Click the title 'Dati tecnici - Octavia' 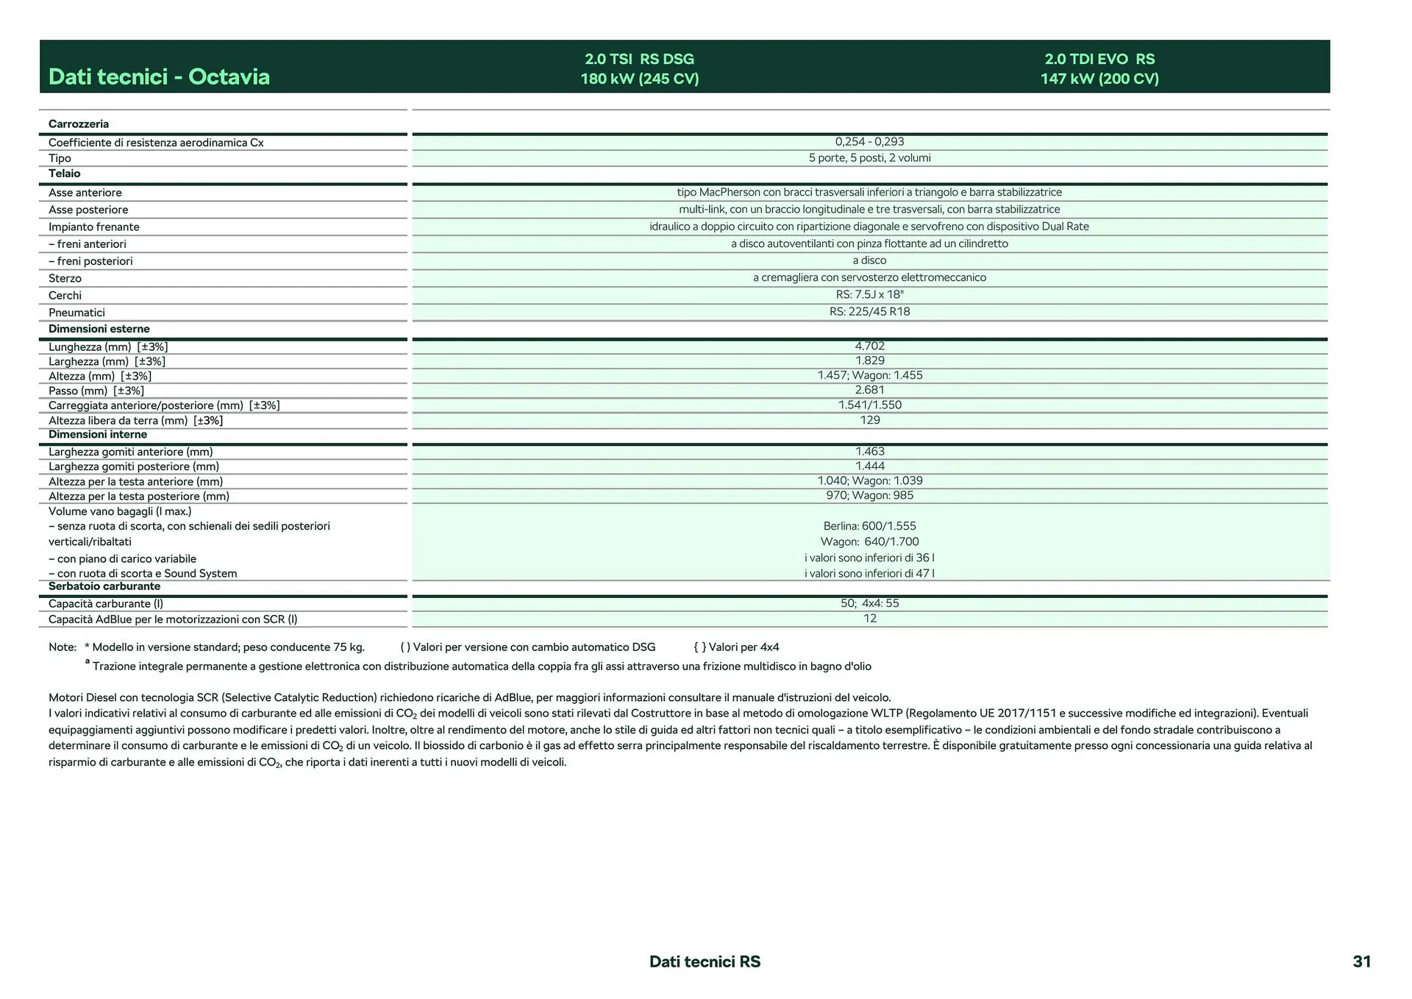pyautogui.click(x=159, y=77)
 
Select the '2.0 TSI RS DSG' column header pyautogui.click(x=639, y=59)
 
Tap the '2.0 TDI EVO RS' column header pyautogui.click(x=1099, y=59)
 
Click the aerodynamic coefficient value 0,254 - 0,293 pyautogui.click(x=869, y=142)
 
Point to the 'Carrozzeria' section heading pyautogui.click(x=79, y=124)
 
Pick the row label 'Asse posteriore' pyautogui.click(x=88, y=210)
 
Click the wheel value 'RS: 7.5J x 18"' pyautogui.click(x=869, y=294)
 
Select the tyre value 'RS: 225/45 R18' pyautogui.click(x=869, y=311)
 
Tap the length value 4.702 pyautogui.click(x=869, y=346)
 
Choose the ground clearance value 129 pyautogui.click(x=869, y=420)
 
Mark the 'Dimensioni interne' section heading pyautogui.click(x=98, y=434)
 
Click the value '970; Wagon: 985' pyautogui.click(x=869, y=495)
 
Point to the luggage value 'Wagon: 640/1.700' pyautogui.click(x=869, y=541)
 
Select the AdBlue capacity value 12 pyautogui.click(x=869, y=619)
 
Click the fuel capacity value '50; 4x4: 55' pyautogui.click(x=869, y=603)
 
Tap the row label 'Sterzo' pyautogui.click(x=65, y=278)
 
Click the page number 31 pyautogui.click(x=1361, y=961)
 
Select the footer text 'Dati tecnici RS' pyautogui.click(x=705, y=961)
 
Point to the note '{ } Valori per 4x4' pyautogui.click(x=736, y=647)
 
